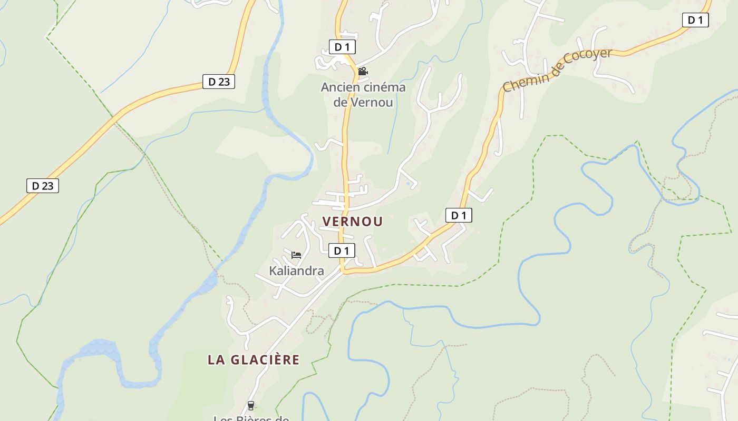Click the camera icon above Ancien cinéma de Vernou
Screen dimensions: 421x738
(x=363, y=71)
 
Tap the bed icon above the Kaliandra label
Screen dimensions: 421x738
(x=296, y=255)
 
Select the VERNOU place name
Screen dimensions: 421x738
(x=352, y=222)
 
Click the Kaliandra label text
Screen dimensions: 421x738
(x=296, y=271)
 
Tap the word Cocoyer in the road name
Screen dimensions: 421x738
(x=587, y=59)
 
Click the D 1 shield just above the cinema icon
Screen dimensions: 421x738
(x=342, y=47)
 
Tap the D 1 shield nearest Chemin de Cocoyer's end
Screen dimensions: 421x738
(x=695, y=20)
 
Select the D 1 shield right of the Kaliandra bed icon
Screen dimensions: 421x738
(x=342, y=250)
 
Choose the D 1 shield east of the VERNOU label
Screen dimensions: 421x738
(x=459, y=215)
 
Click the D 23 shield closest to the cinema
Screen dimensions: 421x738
(x=219, y=82)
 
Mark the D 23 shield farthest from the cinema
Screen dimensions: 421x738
(x=43, y=186)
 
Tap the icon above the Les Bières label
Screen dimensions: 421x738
(x=251, y=405)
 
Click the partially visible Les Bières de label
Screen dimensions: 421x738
(x=251, y=418)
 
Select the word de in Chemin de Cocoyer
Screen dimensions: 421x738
(x=554, y=67)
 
